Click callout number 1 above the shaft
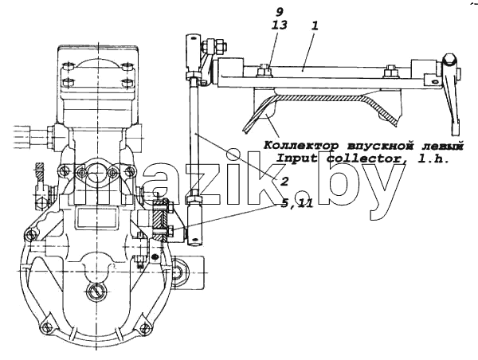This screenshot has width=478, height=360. [315, 26]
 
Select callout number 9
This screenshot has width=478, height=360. [280, 12]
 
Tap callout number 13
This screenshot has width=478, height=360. [280, 25]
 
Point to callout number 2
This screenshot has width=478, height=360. [284, 182]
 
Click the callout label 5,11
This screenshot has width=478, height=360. [297, 203]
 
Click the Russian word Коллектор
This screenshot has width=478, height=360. [301, 146]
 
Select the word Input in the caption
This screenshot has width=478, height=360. [296, 158]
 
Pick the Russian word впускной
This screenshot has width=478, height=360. [382, 146]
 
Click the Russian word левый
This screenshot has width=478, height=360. [444, 146]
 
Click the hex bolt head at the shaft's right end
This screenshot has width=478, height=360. [450, 61]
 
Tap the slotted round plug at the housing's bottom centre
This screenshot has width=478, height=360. [96, 291]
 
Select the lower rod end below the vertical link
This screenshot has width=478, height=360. [194, 223]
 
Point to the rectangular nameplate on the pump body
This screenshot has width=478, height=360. [96, 218]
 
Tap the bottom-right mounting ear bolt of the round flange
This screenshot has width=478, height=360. [144, 327]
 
